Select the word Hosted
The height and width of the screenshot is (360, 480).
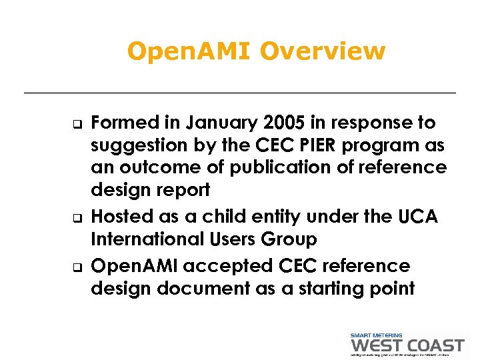coord(117,217)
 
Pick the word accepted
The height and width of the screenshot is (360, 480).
coord(227,266)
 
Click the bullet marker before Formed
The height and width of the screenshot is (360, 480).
coord(77,123)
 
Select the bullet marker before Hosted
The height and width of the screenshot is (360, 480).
coord(77,217)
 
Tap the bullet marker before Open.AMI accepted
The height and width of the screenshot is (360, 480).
coord(77,267)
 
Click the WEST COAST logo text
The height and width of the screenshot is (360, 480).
coord(406,345)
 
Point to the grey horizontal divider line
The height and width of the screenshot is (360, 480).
coord(239,93)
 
